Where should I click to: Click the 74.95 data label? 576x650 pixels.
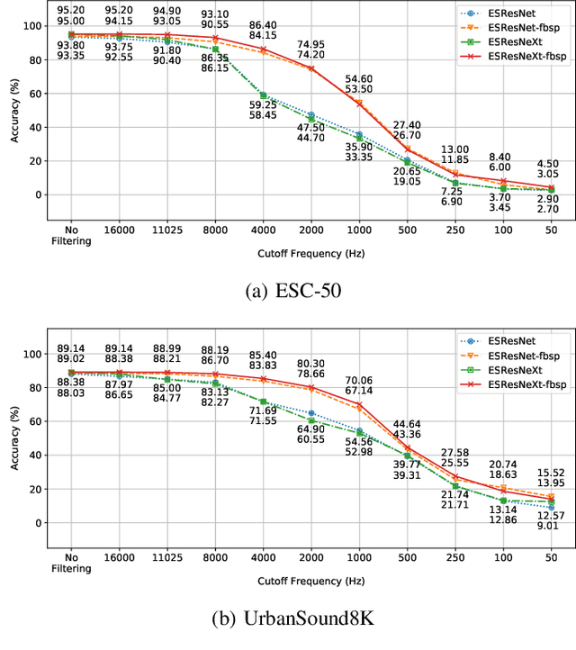[310, 44]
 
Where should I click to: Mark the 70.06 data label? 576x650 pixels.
[358, 381]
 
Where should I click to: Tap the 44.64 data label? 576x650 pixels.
[407, 424]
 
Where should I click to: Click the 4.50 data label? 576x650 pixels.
[548, 164]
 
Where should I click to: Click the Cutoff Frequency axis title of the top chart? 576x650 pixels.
[310, 253]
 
